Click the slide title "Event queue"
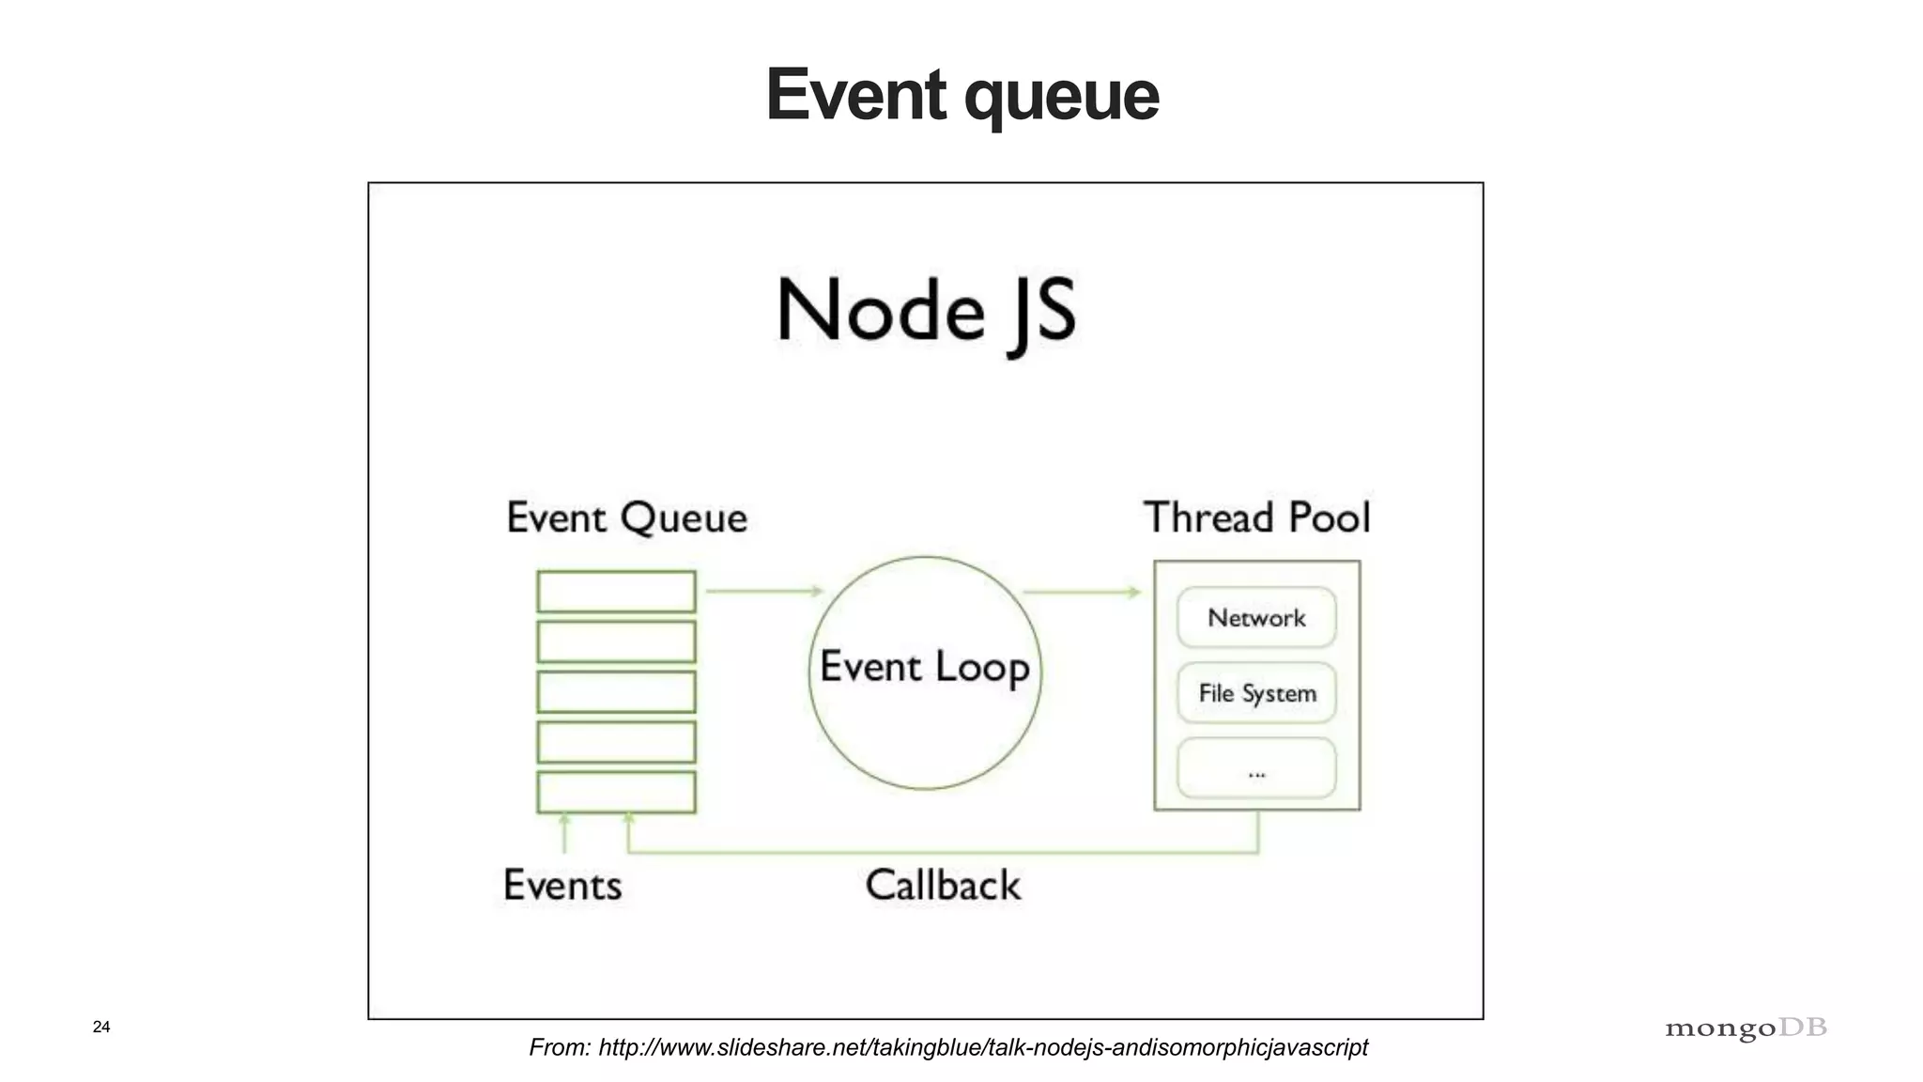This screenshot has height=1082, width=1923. click(x=961, y=95)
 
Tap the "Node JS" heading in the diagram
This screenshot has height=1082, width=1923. click(x=926, y=312)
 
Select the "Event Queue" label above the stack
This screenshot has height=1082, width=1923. click(x=626, y=518)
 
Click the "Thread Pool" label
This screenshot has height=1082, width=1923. click(x=1256, y=518)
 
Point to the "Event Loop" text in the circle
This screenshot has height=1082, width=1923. click(x=925, y=667)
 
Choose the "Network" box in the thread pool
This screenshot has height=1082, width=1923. click(x=1256, y=618)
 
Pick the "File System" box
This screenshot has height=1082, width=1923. click(x=1256, y=693)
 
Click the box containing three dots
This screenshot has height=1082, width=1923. click(x=1256, y=768)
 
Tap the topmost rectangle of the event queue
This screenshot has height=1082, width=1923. click(x=616, y=592)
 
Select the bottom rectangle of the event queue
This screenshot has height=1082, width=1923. click(x=616, y=792)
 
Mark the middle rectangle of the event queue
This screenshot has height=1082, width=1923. click(x=616, y=692)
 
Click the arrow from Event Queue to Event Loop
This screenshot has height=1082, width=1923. click(x=763, y=591)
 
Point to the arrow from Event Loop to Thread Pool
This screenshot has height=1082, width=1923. click(x=1081, y=592)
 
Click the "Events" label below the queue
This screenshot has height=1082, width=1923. click(x=562, y=886)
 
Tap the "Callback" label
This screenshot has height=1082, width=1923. click(x=943, y=886)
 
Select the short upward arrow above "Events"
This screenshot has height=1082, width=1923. click(x=564, y=832)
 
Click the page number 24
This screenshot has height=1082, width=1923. click(x=101, y=1027)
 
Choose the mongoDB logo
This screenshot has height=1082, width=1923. click(x=1746, y=1028)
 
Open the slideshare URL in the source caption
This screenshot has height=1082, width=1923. click(x=982, y=1047)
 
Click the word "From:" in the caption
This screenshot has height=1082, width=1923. click(x=560, y=1047)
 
